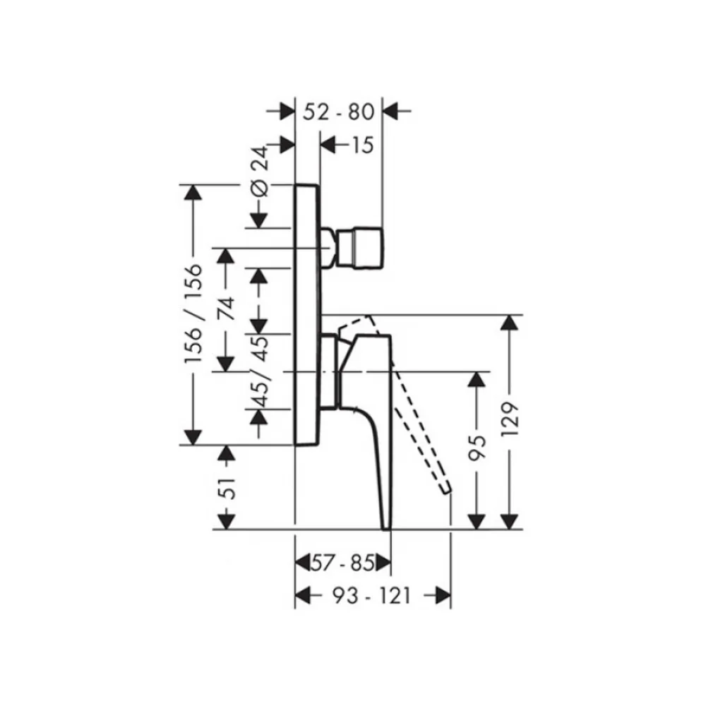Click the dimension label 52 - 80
tap(339, 112)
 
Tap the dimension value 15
tap(362, 145)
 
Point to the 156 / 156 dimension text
tap(193, 314)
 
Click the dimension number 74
tap(226, 308)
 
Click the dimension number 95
tap(477, 447)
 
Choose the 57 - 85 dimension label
tap(343, 563)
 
